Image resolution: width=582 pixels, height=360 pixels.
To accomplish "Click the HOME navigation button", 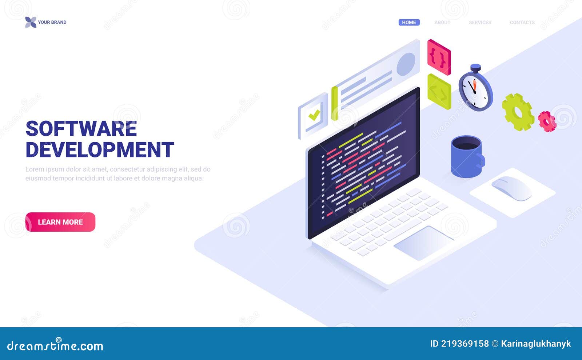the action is (409, 22).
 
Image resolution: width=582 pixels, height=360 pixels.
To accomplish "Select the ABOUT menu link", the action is (442, 22).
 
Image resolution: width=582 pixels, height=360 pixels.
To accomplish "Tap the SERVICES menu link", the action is (480, 22).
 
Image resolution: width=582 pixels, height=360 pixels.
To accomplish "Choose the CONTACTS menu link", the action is (522, 22).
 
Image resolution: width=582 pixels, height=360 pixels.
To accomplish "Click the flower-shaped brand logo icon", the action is (31, 22).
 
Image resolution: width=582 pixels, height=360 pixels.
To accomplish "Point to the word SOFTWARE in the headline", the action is (81, 129).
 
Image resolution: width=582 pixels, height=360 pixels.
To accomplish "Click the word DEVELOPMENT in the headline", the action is (100, 149).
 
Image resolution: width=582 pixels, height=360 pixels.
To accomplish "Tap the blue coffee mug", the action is (467, 157).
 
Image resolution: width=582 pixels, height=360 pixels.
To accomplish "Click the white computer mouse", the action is (511, 188).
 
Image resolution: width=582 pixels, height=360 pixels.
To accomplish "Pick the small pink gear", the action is (547, 121).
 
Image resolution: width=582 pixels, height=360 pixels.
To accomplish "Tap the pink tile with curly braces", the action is (439, 57).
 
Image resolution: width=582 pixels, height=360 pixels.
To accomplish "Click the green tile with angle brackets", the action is (439, 92).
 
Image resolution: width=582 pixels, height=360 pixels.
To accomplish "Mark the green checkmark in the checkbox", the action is (314, 115).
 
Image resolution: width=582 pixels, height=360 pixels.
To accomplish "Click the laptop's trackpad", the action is (424, 243).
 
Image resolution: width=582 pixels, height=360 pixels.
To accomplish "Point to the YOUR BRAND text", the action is (52, 22).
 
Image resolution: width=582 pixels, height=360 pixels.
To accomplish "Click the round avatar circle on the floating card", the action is (406, 64).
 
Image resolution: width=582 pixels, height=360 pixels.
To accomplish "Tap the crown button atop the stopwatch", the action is (476, 68).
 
